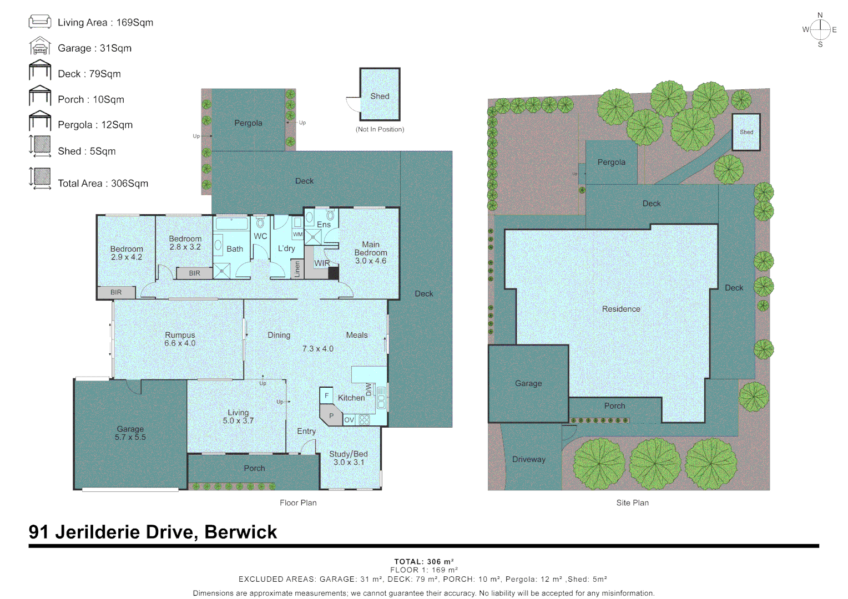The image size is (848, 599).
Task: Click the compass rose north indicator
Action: [x=820, y=16]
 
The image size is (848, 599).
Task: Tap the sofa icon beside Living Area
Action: [x=39, y=22]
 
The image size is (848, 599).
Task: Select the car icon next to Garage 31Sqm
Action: [x=39, y=47]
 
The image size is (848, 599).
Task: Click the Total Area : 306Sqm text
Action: [x=103, y=184]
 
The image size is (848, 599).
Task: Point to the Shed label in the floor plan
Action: [x=380, y=96]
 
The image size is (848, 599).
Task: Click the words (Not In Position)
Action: [x=380, y=129]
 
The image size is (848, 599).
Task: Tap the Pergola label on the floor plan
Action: [x=248, y=123]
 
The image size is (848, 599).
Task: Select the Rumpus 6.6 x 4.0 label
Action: [x=180, y=339]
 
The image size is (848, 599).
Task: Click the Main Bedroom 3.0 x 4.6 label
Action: [x=371, y=252]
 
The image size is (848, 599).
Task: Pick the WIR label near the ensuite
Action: [x=322, y=263]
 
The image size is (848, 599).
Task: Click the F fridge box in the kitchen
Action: [x=326, y=395]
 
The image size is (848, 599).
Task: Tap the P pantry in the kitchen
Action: [x=331, y=415]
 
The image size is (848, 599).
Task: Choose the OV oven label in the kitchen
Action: [x=349, y=420]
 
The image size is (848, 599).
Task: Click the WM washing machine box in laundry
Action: [x=298, y=235]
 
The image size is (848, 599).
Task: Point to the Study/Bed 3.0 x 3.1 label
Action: [x=349, y=458]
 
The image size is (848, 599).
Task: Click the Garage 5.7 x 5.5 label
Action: [x=130, y=433]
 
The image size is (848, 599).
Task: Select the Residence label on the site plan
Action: [x=621, y=309]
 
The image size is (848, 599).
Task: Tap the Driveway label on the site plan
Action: [x=529, y=459]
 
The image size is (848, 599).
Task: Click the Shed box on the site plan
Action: [x=746, y=132]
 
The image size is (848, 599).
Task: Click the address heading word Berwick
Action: [x=240, y=532]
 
